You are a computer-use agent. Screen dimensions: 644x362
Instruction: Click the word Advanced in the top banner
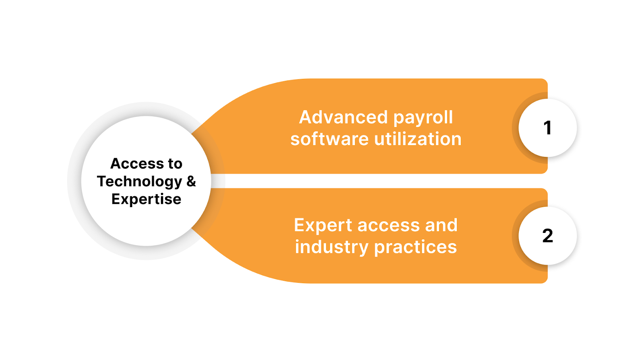point(343,117)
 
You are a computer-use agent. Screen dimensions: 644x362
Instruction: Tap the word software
point(329,139)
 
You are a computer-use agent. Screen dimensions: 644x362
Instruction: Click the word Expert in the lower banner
point(323,226)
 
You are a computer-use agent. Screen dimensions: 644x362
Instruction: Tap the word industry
point(331,247)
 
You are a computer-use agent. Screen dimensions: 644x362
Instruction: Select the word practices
point(415,247)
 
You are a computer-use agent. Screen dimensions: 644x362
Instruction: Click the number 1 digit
point(547,128)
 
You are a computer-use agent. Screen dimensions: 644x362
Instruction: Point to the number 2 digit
point(547,236)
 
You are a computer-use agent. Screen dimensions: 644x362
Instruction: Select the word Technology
point(139,182)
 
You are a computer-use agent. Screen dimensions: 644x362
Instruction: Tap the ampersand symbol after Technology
point(191,181)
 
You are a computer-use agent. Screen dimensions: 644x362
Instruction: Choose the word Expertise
point(146,199)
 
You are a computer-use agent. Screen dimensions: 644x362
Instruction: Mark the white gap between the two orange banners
point(378,181)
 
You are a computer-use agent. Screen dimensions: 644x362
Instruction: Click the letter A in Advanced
point(305,117)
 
